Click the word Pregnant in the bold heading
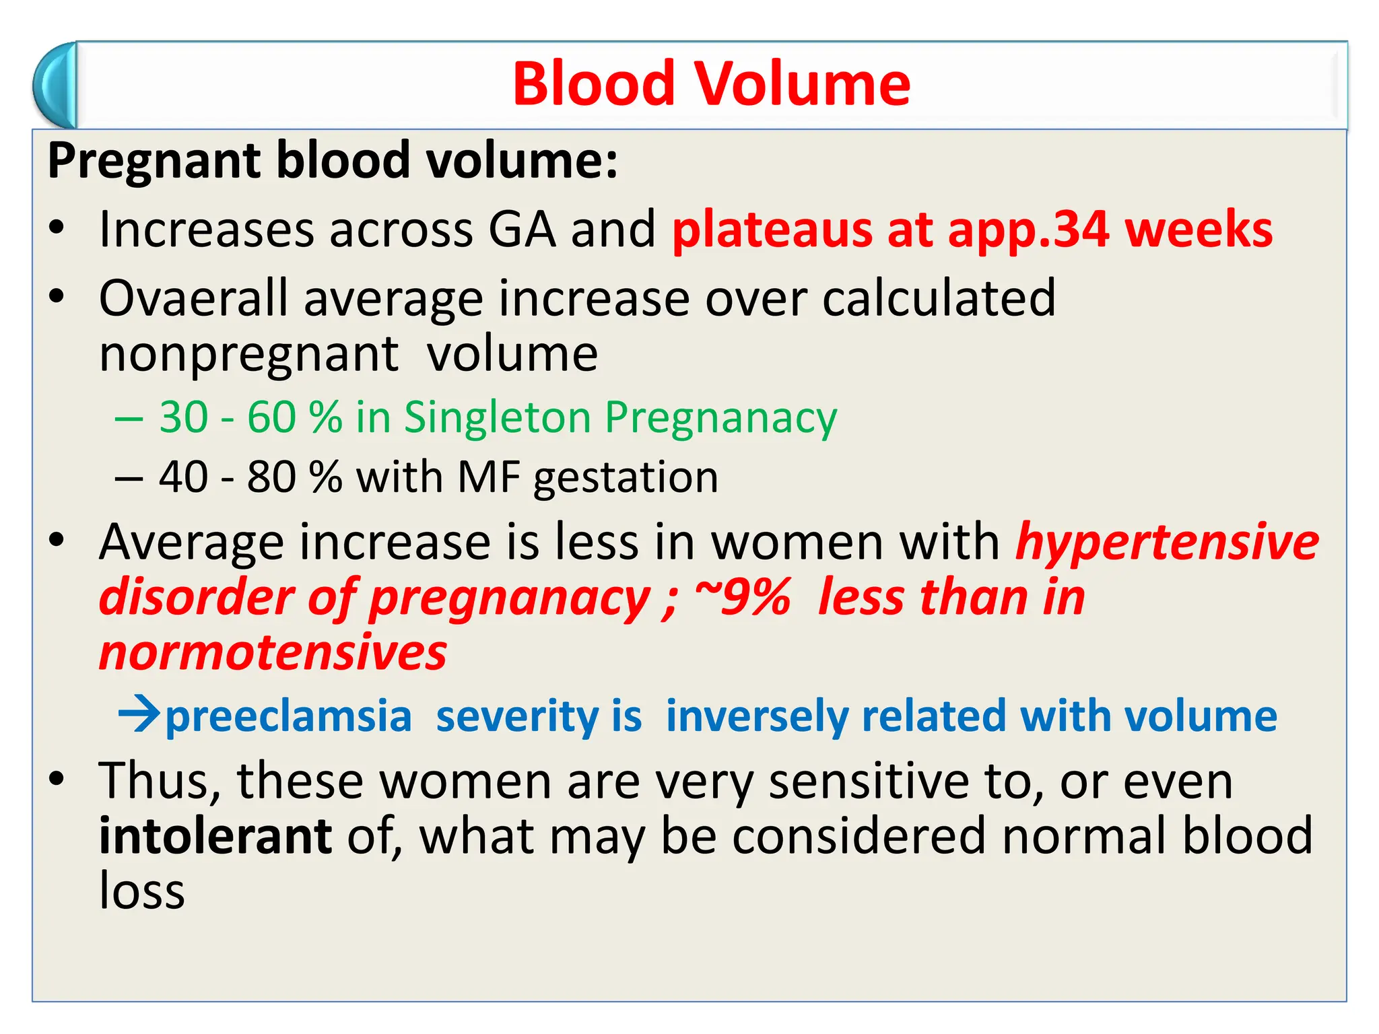pos(154,161)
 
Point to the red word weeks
pos(1199,230)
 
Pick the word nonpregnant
pos(248,355)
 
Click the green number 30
pos(183,417)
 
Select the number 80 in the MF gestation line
pos(271,477)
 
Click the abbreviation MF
pos(488,477)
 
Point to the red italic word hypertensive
pos(1167,543)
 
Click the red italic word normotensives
pos(273,653)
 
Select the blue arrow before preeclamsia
pos(139,714)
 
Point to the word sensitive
pos(869,782)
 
